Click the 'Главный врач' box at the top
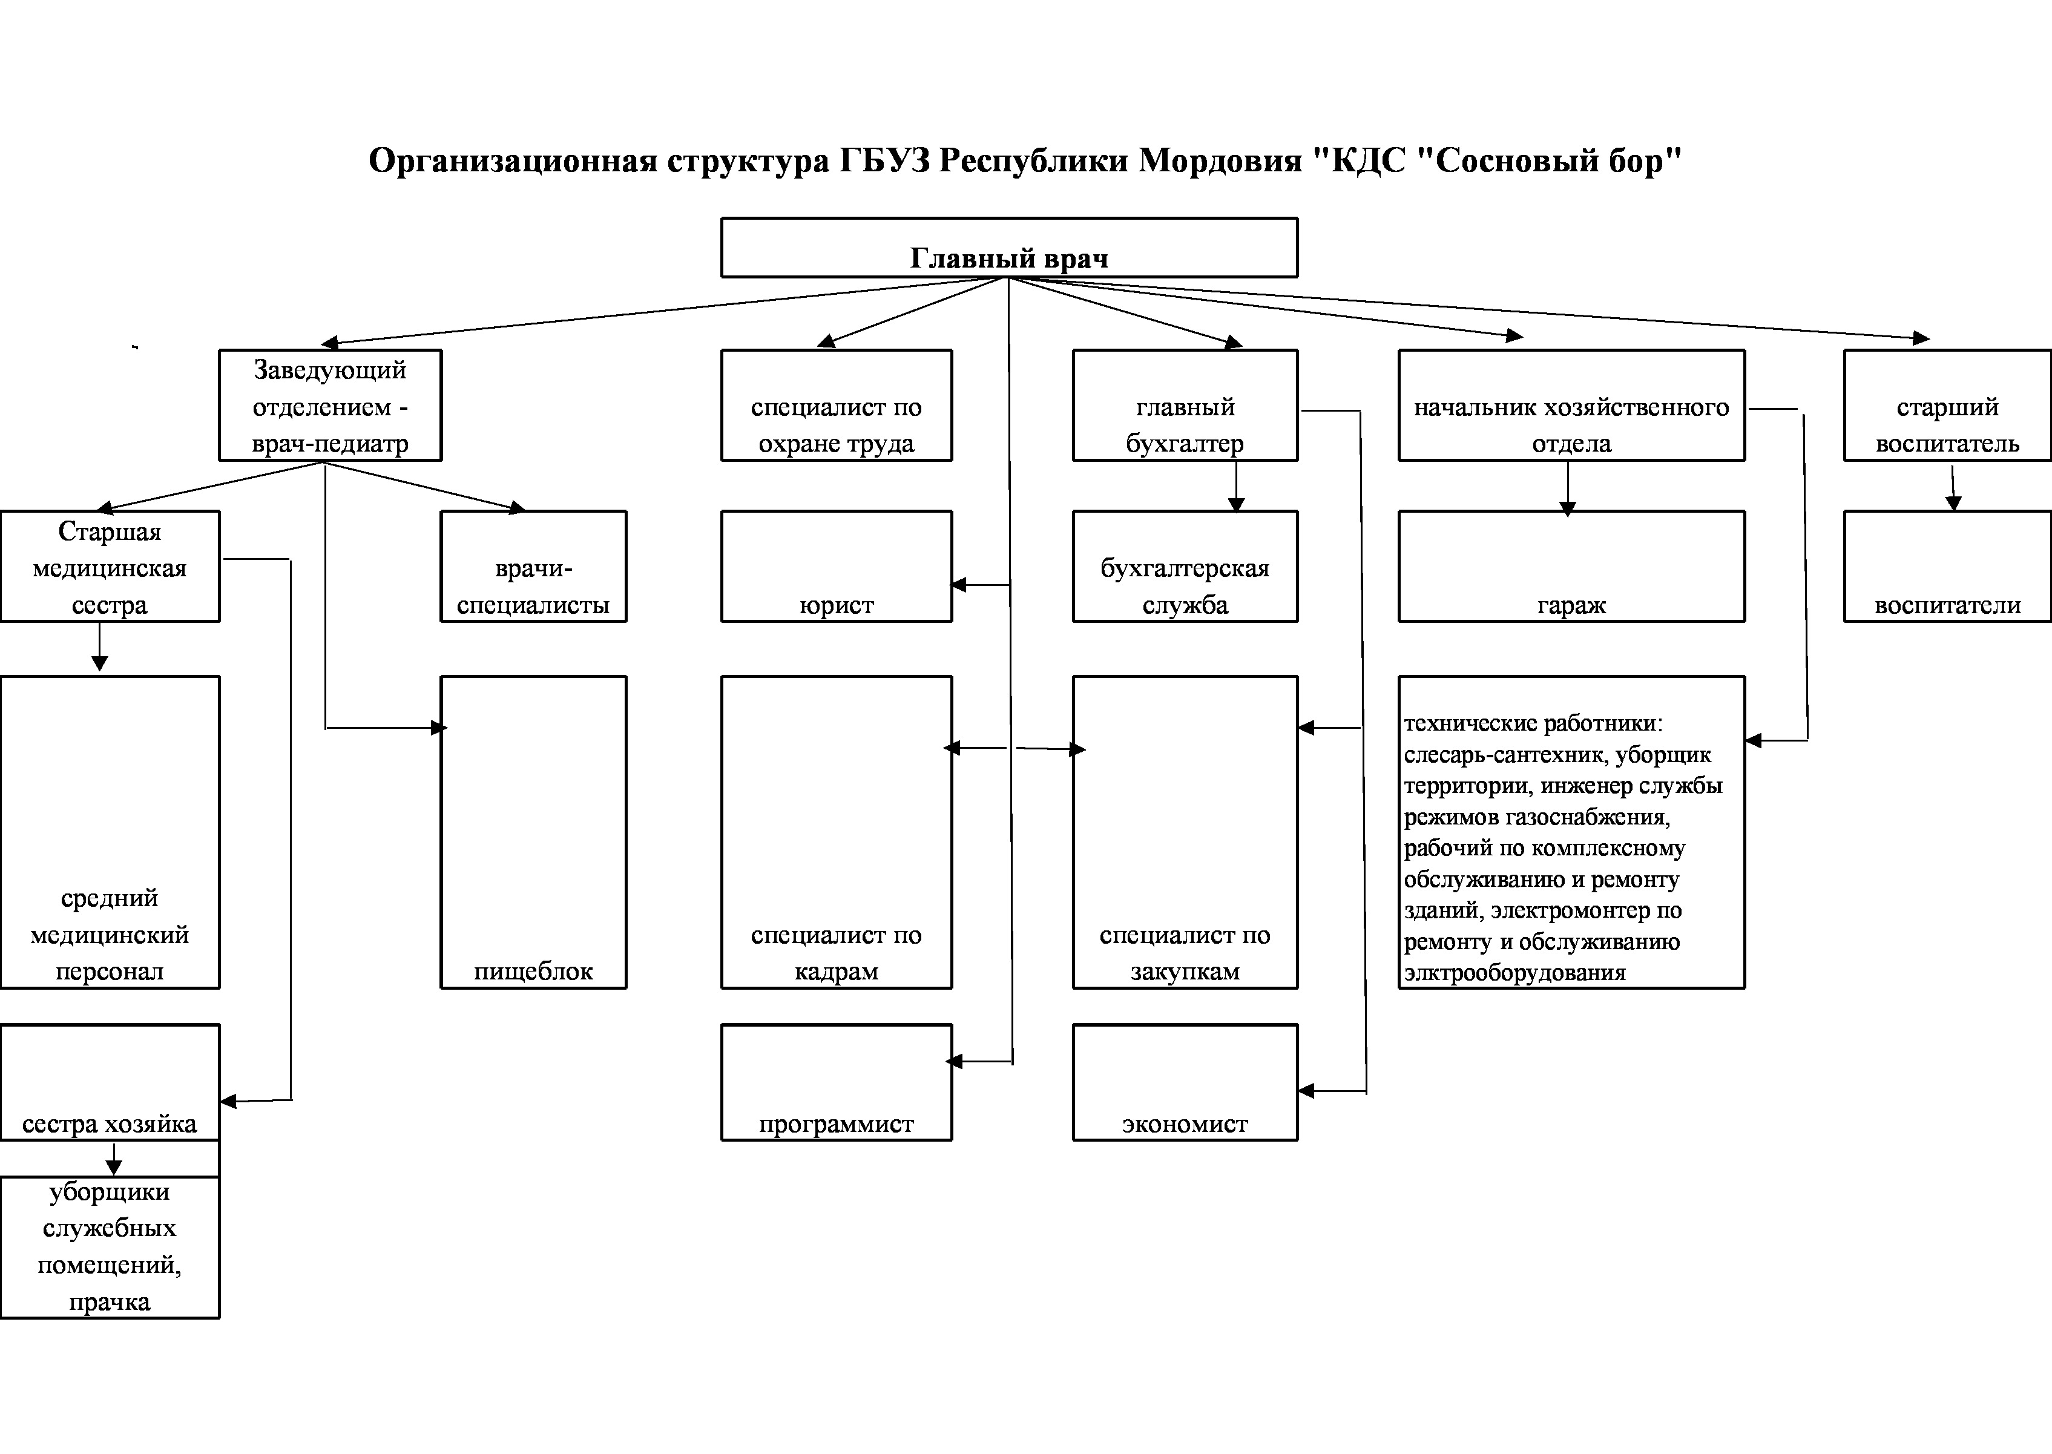coord(1009,248)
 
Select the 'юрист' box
coord(836,567)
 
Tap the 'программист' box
coord(836,1082)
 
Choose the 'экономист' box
coord(1185,1082)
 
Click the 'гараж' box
coord(1571,567)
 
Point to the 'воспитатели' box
coord(1947,567)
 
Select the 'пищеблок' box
coord(534,833)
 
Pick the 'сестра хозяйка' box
coord(109,1082)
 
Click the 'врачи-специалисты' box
coord(534,567)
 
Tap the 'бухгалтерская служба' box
coord(1185,567)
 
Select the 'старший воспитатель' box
coord(1947,406)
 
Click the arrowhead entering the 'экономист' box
coord(1305,1091)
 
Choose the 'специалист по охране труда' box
coord(836,406)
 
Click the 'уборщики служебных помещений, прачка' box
coord(109,1247)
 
